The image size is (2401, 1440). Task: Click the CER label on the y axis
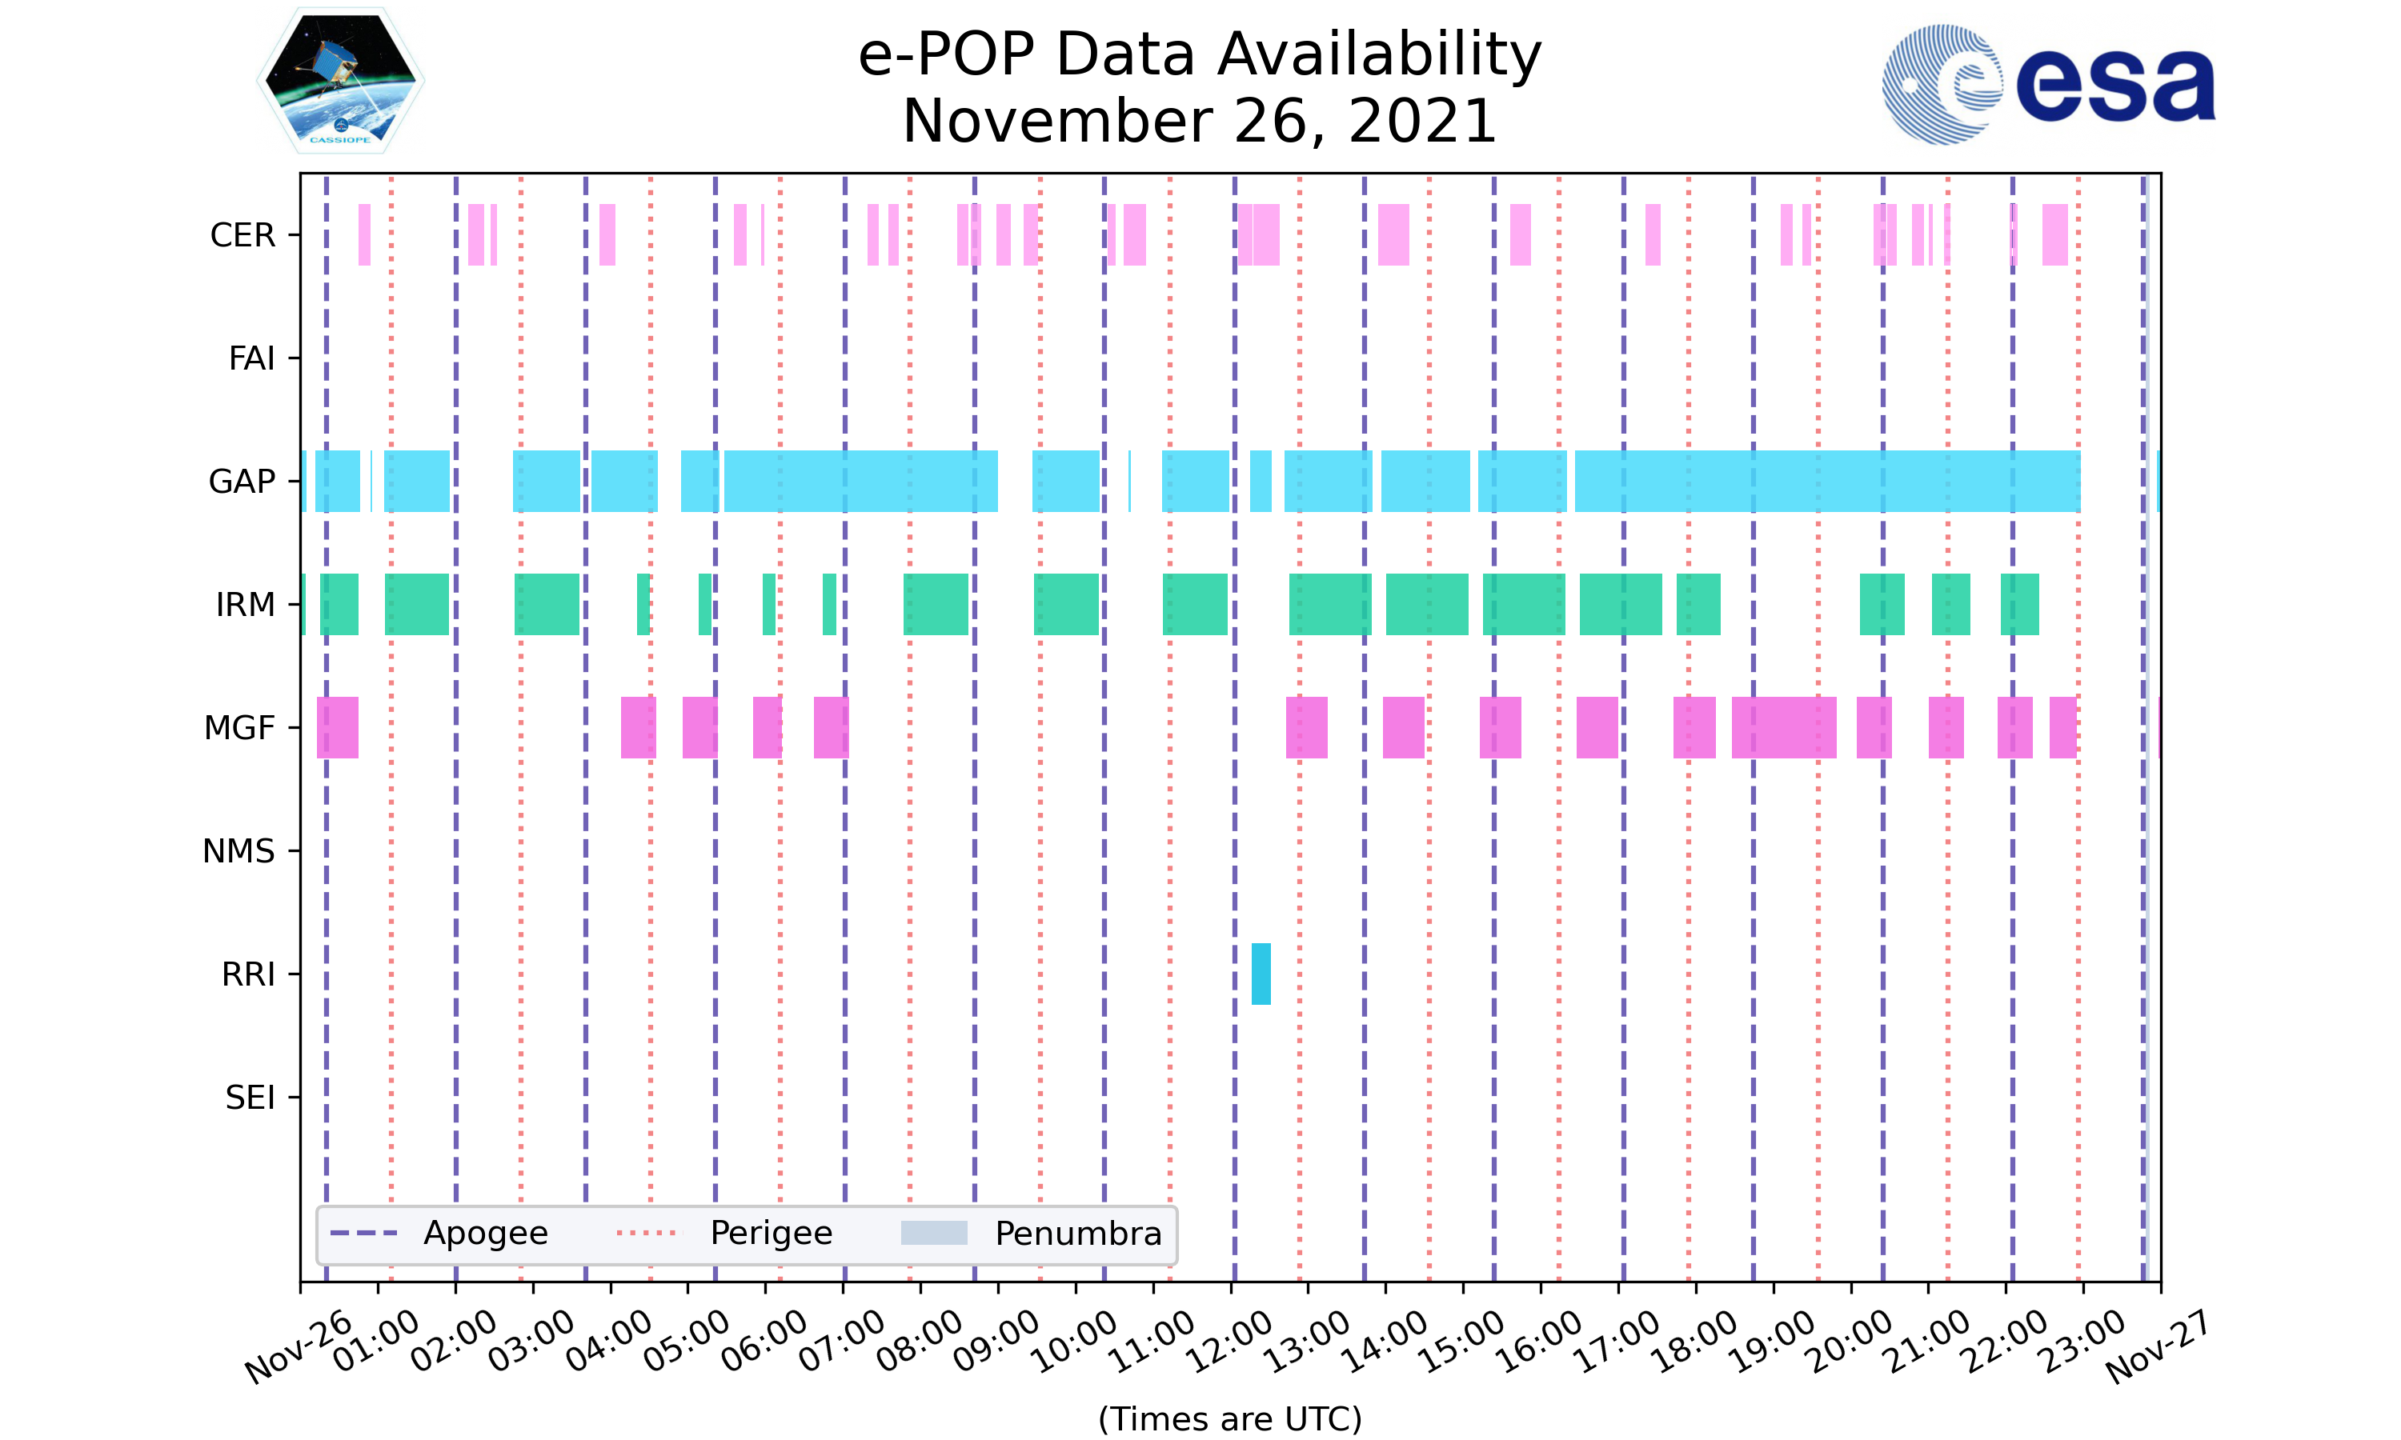[243, 236]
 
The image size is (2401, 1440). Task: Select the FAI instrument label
[251, 359]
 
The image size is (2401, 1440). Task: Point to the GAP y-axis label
[242, 482]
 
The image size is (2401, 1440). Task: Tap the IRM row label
[245, 605]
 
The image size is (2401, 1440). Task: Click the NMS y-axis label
[238, 851]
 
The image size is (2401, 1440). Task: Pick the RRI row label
[247, 974]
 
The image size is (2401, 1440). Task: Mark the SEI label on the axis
[250, 1098]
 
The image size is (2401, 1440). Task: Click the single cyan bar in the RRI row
[1261, 974]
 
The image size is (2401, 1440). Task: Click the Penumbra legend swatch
[934, 1234]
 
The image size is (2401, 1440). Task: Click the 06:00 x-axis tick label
[764, 1343]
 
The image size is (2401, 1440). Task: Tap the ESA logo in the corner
[2048, 86]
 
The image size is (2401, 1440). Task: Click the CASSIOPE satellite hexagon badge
[341, 82]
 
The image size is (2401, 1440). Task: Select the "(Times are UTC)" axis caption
[1229, 1418]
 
